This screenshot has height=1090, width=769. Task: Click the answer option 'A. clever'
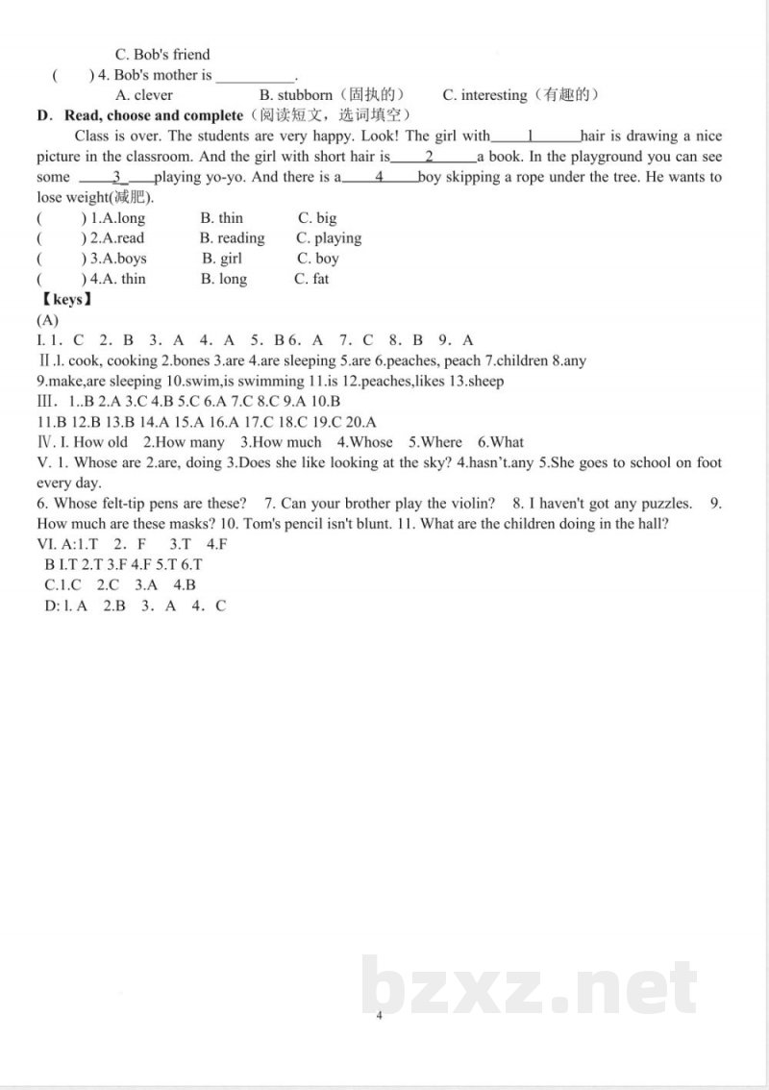pos(144,95)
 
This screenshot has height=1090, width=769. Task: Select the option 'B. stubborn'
pos(296,95)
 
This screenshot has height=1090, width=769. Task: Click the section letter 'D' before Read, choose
pos(42,115)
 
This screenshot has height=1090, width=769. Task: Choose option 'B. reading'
pos(232,238)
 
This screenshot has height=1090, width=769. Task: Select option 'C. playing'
pos(329,238)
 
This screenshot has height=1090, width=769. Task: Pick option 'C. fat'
pos(310,279)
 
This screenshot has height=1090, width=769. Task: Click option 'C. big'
pos(317,218)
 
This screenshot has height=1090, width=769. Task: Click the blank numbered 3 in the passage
pos(117,177)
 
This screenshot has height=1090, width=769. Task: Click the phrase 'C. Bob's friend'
pos(161,55)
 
